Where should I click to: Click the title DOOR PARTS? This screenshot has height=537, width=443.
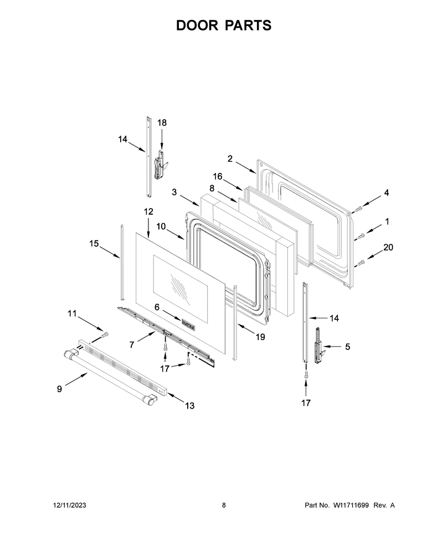(x=224, y=25)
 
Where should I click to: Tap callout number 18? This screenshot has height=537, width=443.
(x=162, y=122)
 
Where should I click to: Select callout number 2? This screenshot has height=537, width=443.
(x=230, y=158)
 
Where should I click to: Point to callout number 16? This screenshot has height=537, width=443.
(x=218, y=177)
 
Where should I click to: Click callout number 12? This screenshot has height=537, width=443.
(x=148, y=211)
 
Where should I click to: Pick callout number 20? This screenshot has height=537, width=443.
(x=388, y=247)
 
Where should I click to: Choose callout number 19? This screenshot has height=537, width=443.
(x=260, y=337)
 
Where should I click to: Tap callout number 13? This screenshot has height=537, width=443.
(x=190, y=405)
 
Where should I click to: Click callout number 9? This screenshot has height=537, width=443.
(x=60, y=389)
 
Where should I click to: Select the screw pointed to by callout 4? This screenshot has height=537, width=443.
(x=359, y=208)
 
